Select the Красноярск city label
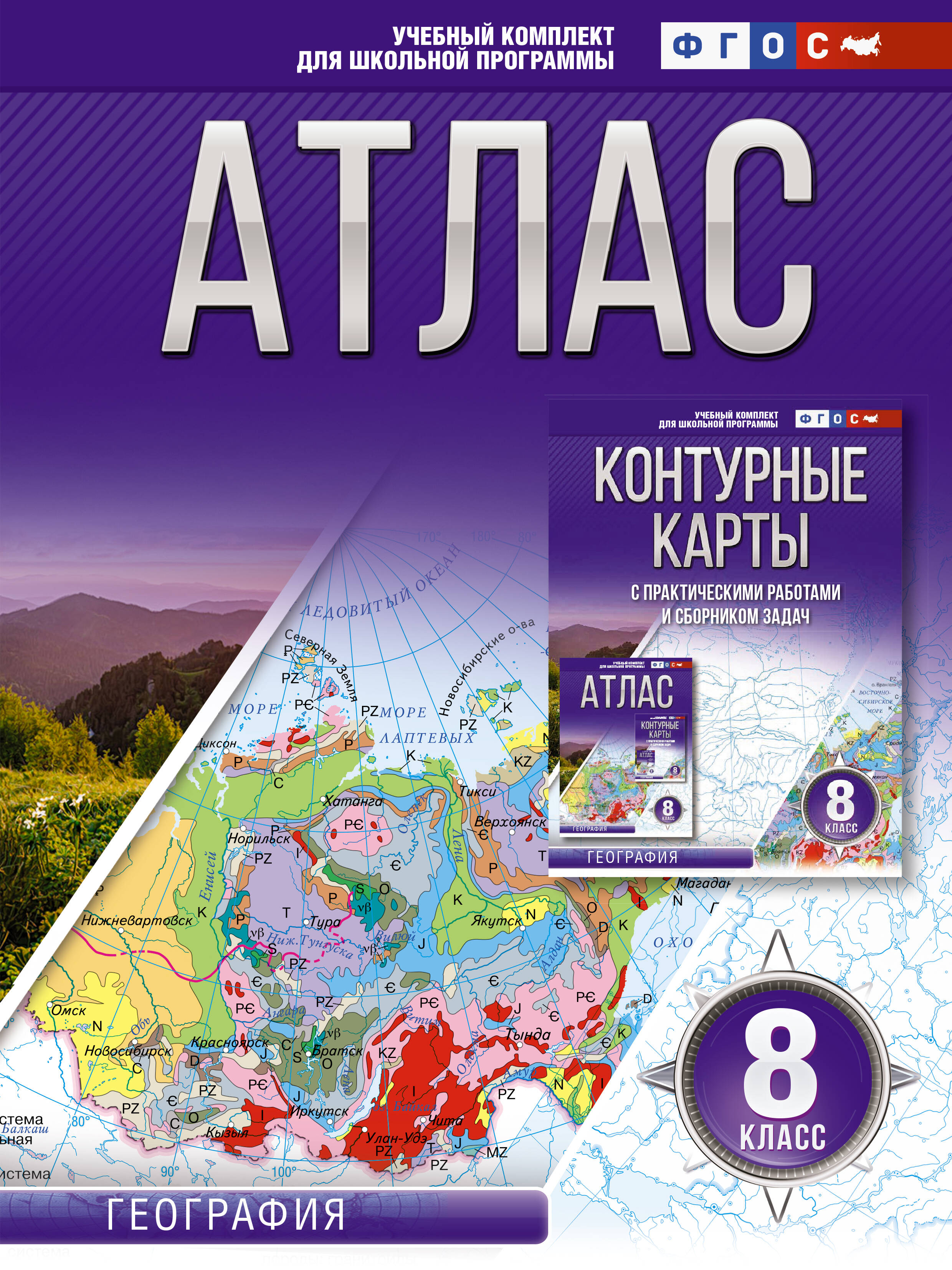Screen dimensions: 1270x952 pos(230,1042)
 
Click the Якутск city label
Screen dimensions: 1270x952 pos(496,921)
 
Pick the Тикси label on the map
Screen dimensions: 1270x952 pos(478,791)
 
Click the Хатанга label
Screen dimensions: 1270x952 pos(353,801)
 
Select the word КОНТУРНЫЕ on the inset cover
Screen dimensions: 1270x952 pos(730,475)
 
